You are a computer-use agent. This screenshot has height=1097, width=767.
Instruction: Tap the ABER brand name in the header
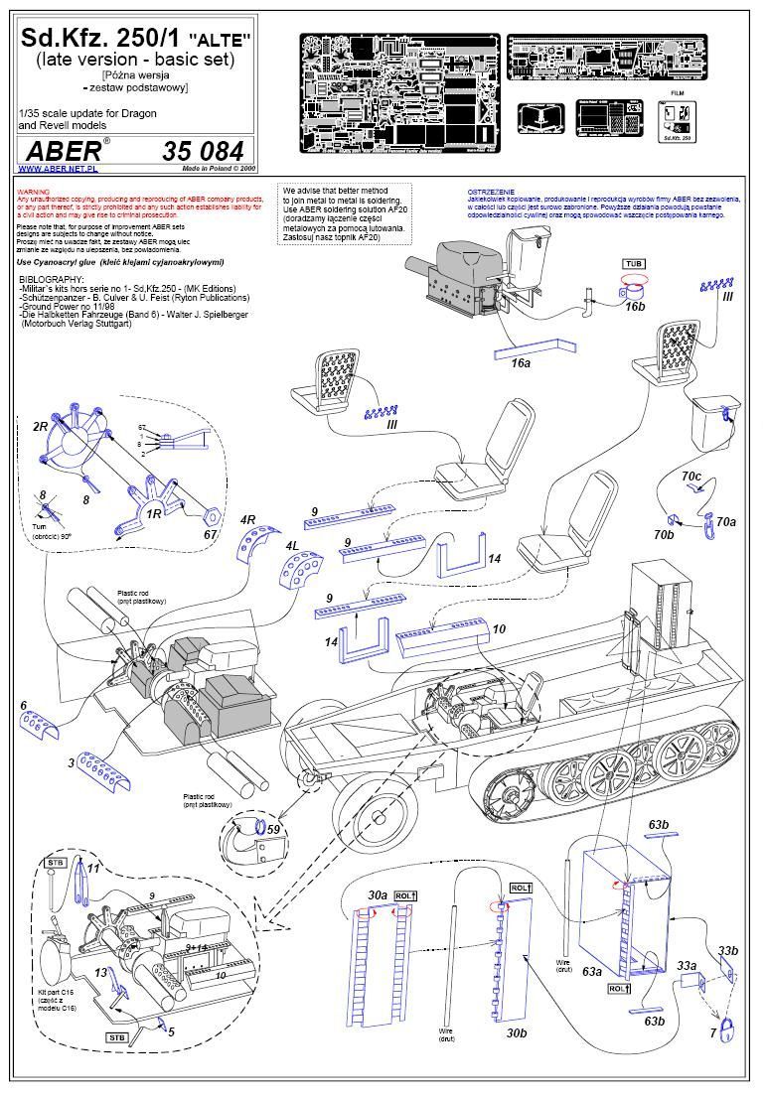(x=63, y=152)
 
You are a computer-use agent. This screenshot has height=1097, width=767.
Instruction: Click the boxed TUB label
(x=632, y=263)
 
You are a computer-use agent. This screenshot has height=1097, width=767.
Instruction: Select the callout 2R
(x=41, y=426)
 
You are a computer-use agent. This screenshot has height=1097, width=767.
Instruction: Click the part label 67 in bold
(x=211, y=536)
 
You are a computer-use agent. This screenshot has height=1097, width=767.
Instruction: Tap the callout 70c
(x=691, y=478)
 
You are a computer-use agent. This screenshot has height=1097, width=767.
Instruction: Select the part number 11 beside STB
(x=92, y=869)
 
